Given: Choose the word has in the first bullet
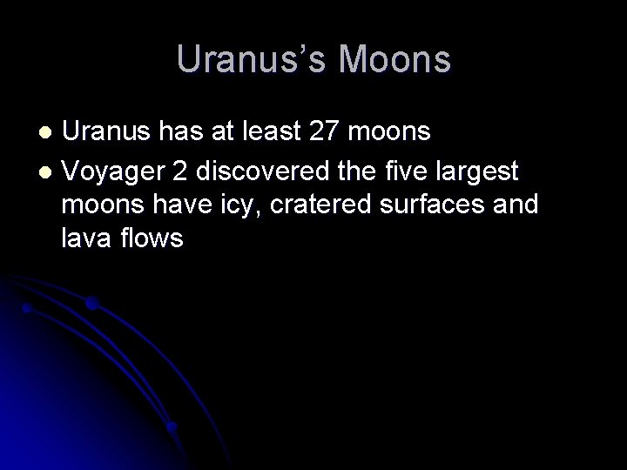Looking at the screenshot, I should (184, 132).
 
